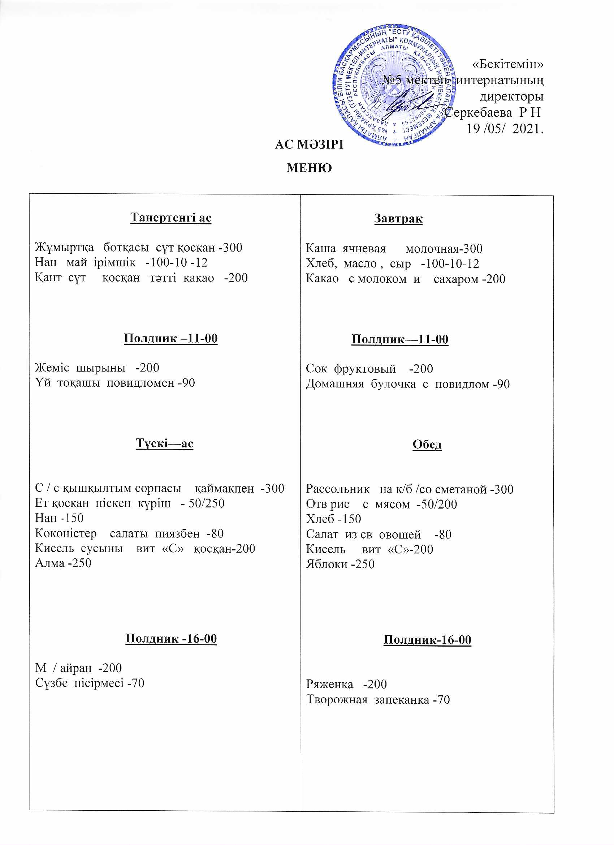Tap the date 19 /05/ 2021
pos(505,129)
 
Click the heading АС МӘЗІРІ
pos(309,145)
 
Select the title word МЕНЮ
pos(309,168)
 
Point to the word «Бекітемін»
pos(507,64)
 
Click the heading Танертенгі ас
pos(170,218)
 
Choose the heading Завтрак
pos(398,219)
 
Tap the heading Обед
pos(427,445)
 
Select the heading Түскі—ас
pos(164,443)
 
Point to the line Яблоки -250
pos(340,564)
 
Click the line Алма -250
pos(63,563)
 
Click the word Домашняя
pos(335,384)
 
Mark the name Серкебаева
pos(479,112)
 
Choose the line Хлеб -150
pos(333,519)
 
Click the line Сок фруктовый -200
pos(369,369)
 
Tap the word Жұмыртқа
pos(64,248)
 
